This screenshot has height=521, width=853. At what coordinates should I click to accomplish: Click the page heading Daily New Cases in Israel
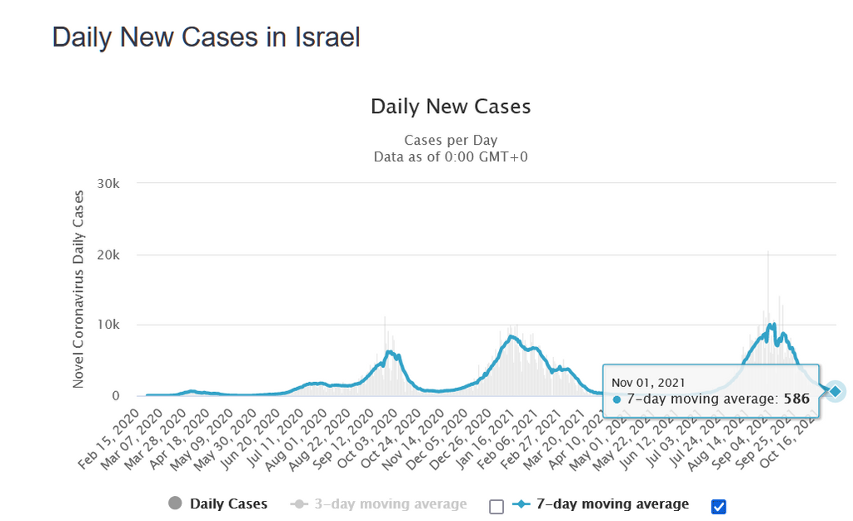click(206, 37)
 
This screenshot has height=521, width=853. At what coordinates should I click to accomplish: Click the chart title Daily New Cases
click(450, 107)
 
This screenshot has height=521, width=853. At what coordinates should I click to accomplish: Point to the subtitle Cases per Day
click(450, 140)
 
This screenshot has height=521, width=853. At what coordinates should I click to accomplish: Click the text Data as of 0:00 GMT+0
click(450, 156)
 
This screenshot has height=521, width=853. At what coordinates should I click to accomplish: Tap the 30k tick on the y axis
click(111, 183)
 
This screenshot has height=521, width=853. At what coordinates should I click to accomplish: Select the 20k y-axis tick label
click(111, 255)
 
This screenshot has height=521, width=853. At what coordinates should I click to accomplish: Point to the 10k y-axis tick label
click(111, 325)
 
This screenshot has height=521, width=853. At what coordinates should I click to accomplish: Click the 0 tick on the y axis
click(117, 396)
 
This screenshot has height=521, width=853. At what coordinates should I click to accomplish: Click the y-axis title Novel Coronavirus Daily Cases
click(78, 290)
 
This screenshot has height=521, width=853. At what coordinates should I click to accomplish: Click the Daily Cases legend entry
click(228, 504)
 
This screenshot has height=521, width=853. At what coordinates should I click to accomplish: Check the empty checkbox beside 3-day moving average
click(496, 506)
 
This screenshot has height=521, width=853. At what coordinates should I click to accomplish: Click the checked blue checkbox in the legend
click(719, 506)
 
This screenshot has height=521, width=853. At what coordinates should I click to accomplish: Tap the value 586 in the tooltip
click(796, 399)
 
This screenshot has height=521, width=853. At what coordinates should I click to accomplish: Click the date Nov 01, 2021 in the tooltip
click(648, 382)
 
